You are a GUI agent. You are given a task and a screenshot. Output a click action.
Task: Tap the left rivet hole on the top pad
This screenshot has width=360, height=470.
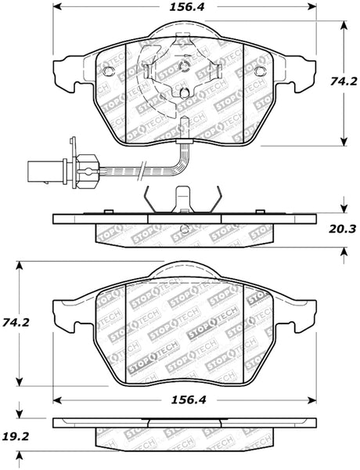(110, 72)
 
